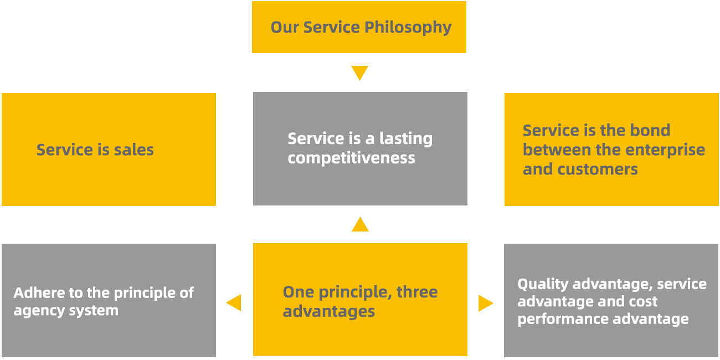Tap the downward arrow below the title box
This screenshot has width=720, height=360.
(x=359, y=73)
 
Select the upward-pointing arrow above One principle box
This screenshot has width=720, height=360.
(x=360, y=225)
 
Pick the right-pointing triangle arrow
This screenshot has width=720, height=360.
(x=485, y=303)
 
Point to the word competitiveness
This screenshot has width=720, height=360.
(x=351, y=158)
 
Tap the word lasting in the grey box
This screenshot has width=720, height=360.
(x=406, y=138)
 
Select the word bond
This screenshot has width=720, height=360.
(x=650, y=130)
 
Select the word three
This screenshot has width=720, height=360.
(x=417, y=292)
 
